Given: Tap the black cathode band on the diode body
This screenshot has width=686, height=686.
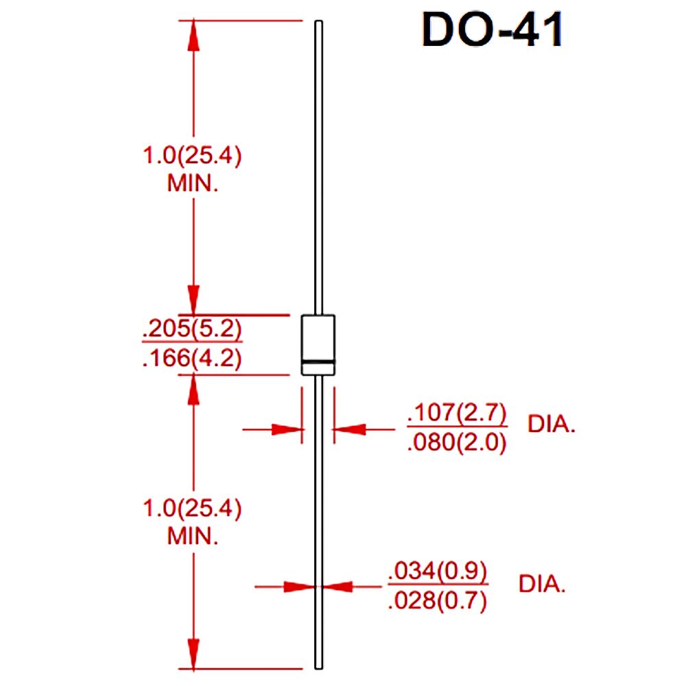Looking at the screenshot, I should click(x=318, y=361).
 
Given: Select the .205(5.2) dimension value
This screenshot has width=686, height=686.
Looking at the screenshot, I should click(x=191, y=331).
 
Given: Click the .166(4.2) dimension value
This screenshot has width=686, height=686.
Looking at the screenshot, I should click(x=191, y=359).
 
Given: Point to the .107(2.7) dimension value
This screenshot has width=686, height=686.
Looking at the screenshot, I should click(x=456, y=414).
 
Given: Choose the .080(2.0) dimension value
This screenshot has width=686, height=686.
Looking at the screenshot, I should click(x=456, y=443).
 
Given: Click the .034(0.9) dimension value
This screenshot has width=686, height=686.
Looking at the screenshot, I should click(x=437, y=571).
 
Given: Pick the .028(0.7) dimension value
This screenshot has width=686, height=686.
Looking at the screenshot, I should click(x=437, y=601).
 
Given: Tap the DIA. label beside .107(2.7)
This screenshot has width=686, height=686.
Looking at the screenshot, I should click(x=551, y=425).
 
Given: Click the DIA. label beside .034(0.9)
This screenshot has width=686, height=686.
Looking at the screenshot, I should click(x=542, y=585).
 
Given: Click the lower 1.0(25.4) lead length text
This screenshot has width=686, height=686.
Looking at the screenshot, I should click(x=191, y=509).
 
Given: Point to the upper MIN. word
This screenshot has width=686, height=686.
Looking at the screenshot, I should click(x=193, y=184).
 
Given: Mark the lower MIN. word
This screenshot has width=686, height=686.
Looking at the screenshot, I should click(x=193, y=536).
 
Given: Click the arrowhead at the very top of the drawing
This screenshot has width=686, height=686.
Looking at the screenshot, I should click(x=193, y=34).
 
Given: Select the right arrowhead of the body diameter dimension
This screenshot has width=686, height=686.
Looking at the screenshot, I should click(x=347, y=429).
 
